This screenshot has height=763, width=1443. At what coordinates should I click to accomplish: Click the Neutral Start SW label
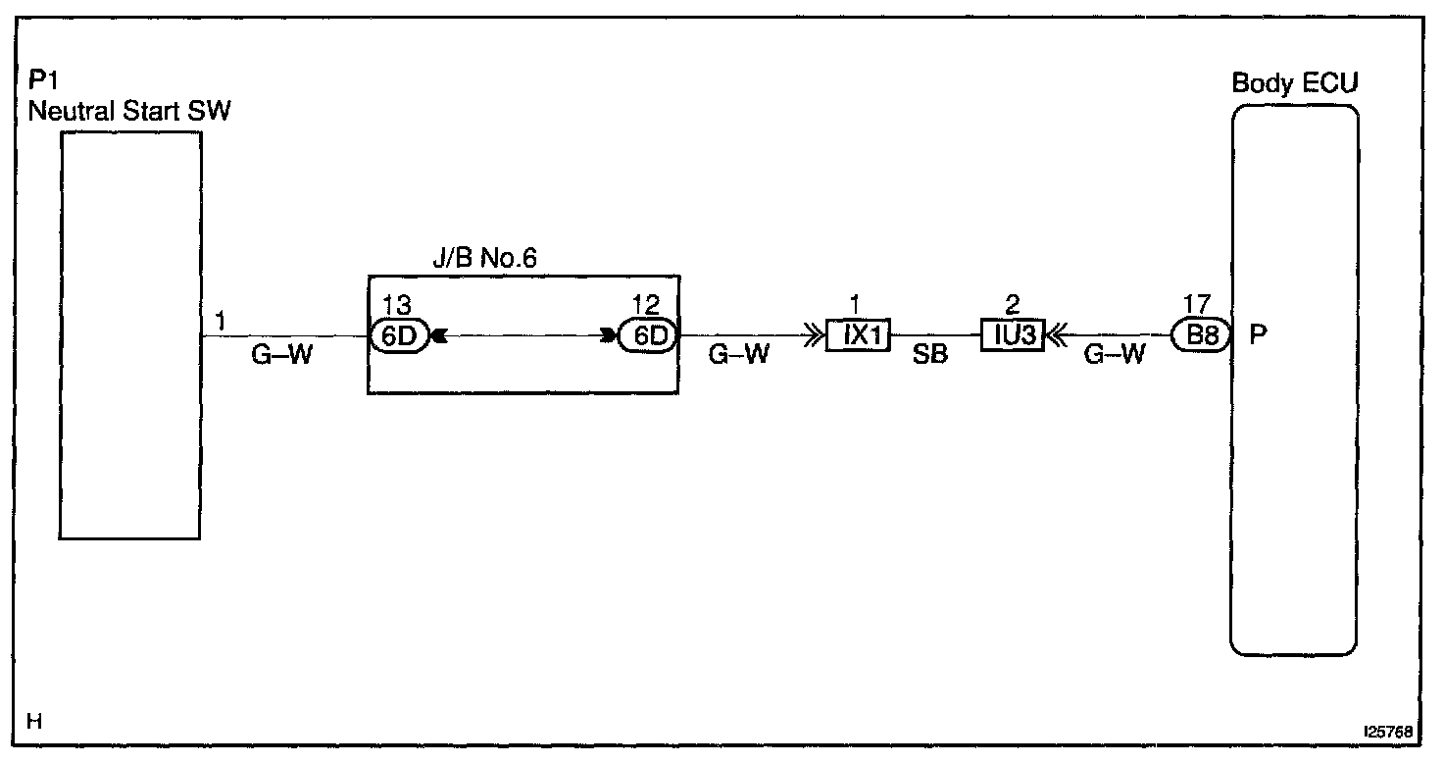[x=129, y=111]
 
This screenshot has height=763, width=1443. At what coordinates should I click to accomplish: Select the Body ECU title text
[x=1294, y=83]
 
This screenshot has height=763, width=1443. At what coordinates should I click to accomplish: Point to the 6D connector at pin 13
[x=400, y=335]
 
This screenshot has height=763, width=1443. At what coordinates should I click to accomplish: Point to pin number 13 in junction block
[x=398, y=305]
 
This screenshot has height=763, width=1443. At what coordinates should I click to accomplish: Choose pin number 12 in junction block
[x=646, y=305]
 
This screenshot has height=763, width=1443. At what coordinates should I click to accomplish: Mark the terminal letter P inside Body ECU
[x=1259, y=335]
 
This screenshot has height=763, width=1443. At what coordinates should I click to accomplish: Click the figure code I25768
[x=1386, y=733]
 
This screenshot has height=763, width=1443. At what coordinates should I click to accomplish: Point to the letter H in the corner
[x=34, y=723]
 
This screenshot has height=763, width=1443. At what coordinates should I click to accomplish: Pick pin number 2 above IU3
[x=1013, y=305]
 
